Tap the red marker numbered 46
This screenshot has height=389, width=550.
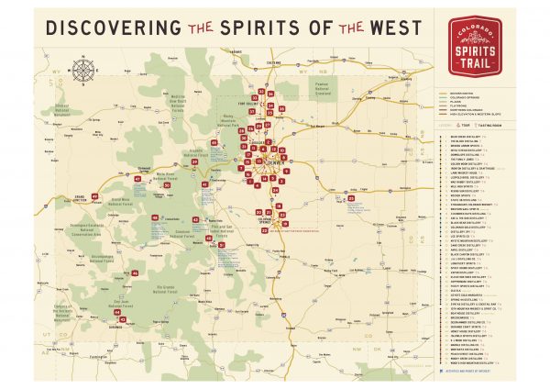[135, 273]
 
